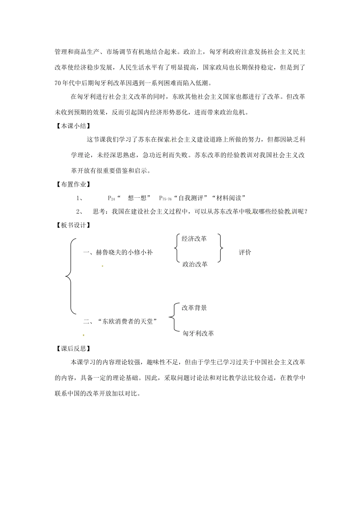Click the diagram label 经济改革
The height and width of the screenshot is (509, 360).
[194, 239]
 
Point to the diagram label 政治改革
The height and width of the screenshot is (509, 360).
[195, 264]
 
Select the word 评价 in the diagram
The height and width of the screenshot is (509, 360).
[245, 252]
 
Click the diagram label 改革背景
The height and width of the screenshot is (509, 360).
[194, 308]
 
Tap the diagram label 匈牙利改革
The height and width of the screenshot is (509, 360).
[198, 333]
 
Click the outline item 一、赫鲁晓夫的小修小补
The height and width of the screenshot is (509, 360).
[117, 252]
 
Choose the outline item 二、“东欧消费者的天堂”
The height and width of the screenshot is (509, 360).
[120, 322]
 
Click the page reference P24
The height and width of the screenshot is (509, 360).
[111, 198]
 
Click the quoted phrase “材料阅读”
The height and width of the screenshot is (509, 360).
[230, 198]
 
